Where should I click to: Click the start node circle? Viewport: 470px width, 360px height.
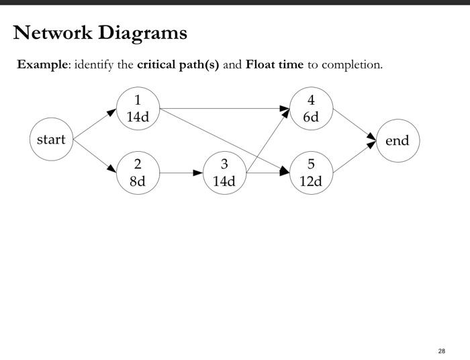coord(51,140)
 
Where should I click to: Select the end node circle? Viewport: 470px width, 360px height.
coord(397,140)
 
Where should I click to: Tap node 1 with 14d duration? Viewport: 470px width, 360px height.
coord(138,108)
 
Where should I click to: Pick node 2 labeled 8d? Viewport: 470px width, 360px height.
coord(138,173)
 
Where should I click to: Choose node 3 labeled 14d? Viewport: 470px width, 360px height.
coord(224,173)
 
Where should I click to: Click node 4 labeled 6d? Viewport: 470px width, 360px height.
coord(311,108)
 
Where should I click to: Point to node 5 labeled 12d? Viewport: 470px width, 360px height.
coord(311,173)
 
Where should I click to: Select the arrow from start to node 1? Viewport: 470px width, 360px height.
coord(95,124)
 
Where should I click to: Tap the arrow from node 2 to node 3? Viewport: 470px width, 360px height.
coord(181,173)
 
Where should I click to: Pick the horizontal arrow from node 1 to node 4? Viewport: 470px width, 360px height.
coord(224,108)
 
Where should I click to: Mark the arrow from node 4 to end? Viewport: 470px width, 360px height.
coord(354,124)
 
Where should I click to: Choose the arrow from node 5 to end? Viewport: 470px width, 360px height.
coord(354,156)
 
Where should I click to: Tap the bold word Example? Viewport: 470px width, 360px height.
coord(42,65)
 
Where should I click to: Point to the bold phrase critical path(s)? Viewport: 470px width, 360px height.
coord(178,65)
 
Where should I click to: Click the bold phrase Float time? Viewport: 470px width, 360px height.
coord(275,65)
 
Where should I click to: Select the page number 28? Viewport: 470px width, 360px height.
coord(441,351)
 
